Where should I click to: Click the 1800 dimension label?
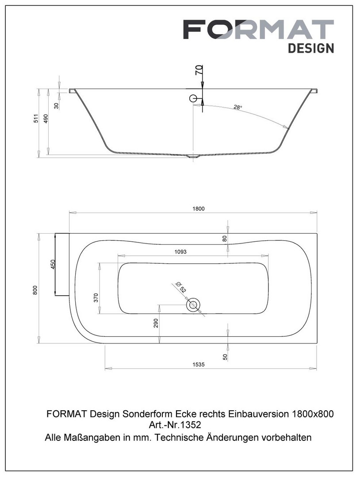pyautogui.click(x=198, y=209)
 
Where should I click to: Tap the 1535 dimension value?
pyautogui.click(x=198, y=364)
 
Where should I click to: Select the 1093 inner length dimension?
pyautogui.click(x=180, y=251)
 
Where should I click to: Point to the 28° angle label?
pyautogui.click(x=238, y=107)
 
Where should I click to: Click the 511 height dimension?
pyautogui.click(x=36, y=118)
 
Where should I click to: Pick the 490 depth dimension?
pyautogui.click(x=46, y=118)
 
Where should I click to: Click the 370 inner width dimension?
pyautogui.click(x=96, y=297)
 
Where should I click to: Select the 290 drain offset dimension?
pyautogui.click(x=156, y=323)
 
